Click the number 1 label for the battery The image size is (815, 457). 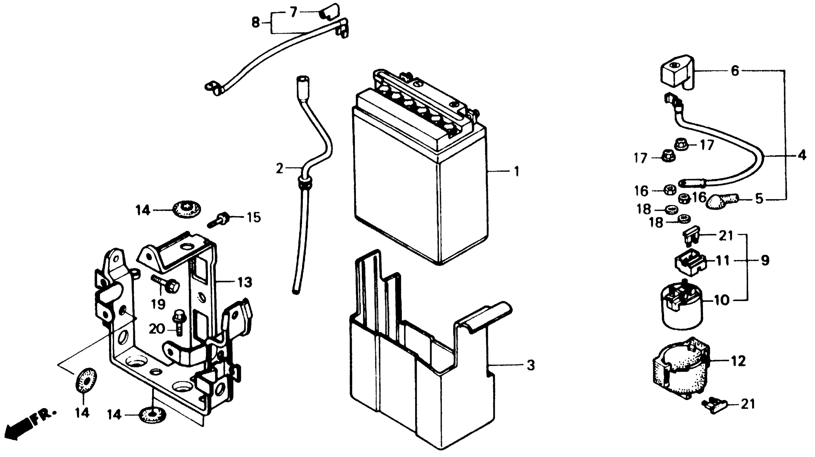coord(516,172)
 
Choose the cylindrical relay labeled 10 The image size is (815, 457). coord(682,308)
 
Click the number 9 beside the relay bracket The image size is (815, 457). coord(765,260)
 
